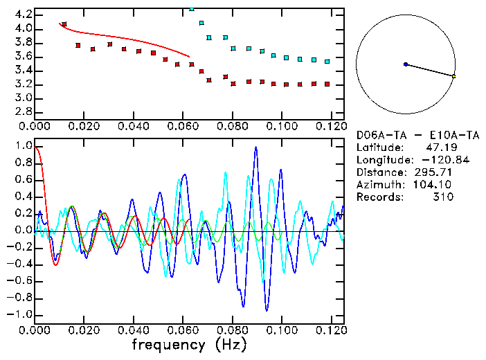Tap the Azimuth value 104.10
coord(435,185)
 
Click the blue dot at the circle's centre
coord(406,64)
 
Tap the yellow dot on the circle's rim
coord(453,76)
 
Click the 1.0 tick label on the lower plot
coord(24,147)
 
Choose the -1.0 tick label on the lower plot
coord(19,314)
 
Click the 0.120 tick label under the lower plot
coord(331,329)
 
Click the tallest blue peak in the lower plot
coord(256,147)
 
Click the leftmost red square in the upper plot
coord(64,24)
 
